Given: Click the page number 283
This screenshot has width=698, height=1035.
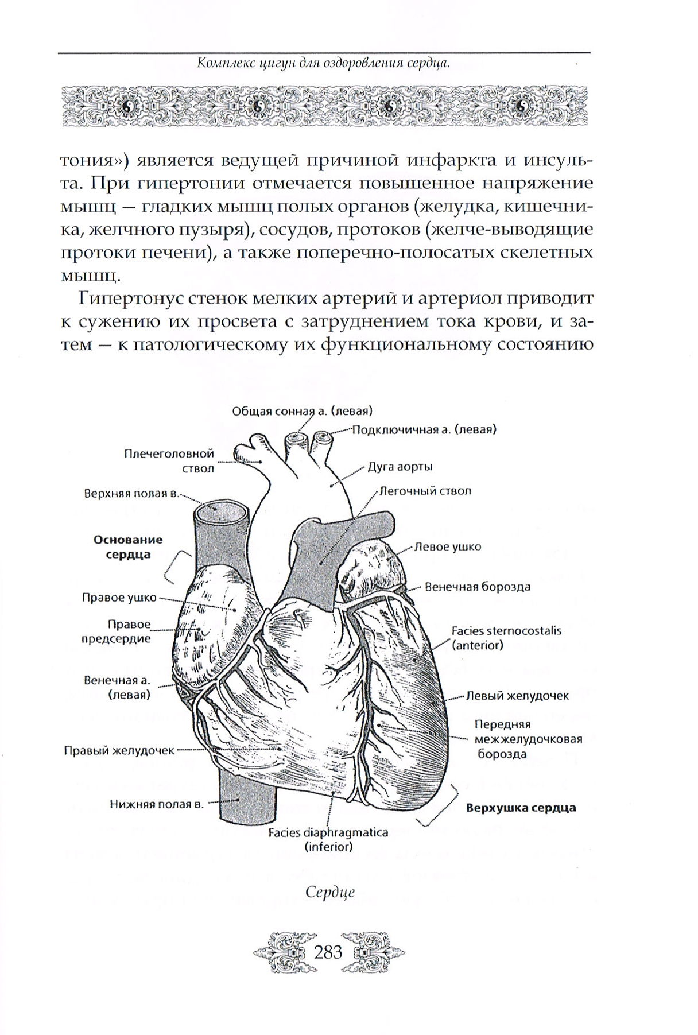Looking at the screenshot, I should (328, 952).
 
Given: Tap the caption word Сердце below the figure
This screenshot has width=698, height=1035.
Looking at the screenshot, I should (330, 891).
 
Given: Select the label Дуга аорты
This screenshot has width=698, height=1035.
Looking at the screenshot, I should (400, 467).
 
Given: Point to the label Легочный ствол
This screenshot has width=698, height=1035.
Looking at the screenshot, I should (425, 491).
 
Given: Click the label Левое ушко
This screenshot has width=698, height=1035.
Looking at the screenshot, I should (448, 546).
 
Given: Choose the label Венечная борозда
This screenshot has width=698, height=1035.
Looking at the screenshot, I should (477, 587).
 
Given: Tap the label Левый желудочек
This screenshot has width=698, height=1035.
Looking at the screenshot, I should (517, 695).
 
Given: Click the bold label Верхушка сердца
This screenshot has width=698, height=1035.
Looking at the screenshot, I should (521, 807).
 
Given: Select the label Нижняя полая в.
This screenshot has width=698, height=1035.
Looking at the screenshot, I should (157, 804).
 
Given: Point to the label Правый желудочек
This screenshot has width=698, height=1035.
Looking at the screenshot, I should (119, 750).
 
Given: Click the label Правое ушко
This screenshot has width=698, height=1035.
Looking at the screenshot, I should (119, 598).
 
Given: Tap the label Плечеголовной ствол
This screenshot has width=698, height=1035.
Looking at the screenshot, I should (169, 461).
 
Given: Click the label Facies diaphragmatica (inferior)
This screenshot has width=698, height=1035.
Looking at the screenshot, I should (328, 839).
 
